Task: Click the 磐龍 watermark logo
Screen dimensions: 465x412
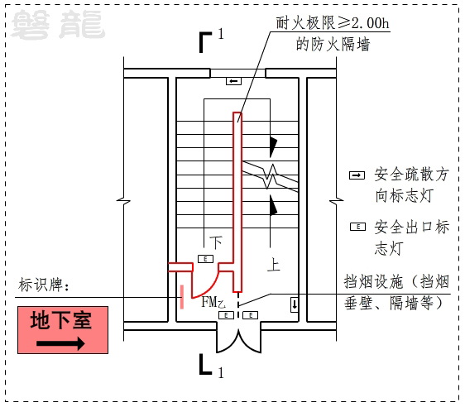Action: click(58, 24)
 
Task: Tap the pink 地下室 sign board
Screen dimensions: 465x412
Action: click(63, 330)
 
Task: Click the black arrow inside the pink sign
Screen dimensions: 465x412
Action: click(60, 343)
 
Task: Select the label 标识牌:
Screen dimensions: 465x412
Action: click(44, 285)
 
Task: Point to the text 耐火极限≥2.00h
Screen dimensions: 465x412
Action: click(333, 23)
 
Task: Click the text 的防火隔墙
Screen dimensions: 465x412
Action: click(333, 45)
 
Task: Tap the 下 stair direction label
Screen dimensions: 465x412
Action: click(216, 242)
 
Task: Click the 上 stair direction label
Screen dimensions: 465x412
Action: click(273, 265)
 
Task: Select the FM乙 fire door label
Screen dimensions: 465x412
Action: click(213, 302)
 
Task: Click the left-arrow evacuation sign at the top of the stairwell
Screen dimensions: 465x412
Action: click(233, 81)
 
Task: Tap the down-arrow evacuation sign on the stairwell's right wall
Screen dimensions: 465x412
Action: click(295, 304)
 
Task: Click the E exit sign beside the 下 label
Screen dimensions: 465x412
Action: click(205, 259)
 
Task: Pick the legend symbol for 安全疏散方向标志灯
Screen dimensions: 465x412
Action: click(357, 175)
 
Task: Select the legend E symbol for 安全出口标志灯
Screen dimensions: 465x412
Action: click(358, 227)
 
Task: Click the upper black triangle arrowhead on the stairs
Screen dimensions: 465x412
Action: click(273, 146)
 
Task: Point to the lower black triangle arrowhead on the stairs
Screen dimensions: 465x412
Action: click(273, 205)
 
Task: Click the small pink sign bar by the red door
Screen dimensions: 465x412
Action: click(182, 297)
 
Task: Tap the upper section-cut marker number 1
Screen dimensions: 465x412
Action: click(221, 34)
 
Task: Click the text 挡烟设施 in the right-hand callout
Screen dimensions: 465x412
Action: click(374, 282)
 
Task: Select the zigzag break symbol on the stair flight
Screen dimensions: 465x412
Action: click(271, 176)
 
